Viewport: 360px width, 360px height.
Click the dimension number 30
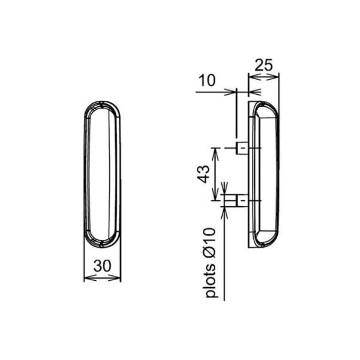point(102,266)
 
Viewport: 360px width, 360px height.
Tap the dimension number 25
point(263,65)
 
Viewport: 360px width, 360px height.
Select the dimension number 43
point(203,174)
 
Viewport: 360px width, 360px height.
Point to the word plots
point(211,281)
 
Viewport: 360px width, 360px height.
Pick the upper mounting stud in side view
point(242,148)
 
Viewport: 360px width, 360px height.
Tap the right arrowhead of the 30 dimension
point(115,278)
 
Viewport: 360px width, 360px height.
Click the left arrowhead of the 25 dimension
point(254,77)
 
